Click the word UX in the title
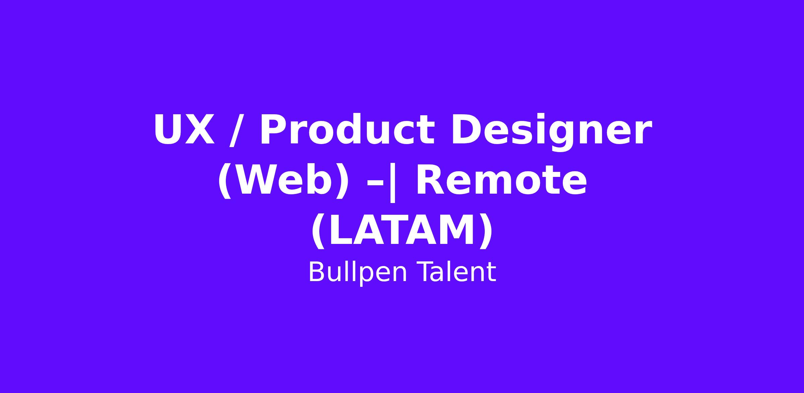pos(184,130)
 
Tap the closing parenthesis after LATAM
pos(486,232)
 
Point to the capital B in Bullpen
pos(317,272)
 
